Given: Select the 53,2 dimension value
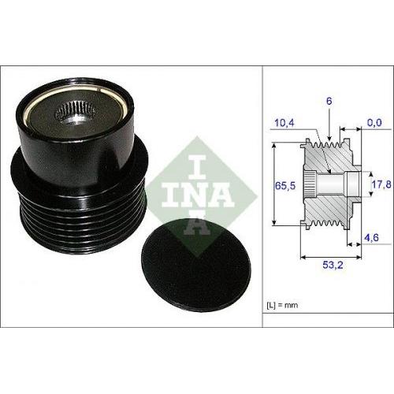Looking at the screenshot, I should (x=330, y=266).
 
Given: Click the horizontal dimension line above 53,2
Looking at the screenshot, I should (x=330, y=256).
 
